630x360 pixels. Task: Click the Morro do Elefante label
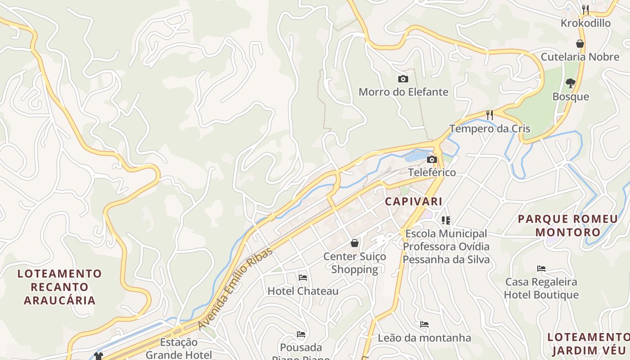tap(403, 92)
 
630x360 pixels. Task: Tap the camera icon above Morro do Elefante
tap(403, 79)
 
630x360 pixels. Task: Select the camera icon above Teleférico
tap(432, 160)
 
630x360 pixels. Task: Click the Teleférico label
tap(432, 172)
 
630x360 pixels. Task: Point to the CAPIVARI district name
tap(414, 201)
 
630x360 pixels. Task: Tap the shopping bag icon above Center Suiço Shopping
tap(355, 243)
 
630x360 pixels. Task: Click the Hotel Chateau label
tap(303, 291)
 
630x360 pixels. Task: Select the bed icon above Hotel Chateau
tap(303, 278)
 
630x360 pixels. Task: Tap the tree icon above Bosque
tap(571, 83)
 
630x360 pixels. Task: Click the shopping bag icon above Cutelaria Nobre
tap(580, 44)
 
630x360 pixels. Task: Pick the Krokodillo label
tap(585, 23)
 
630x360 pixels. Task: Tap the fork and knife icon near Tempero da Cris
tap(490, 115)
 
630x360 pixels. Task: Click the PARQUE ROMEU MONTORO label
tap(568, 225)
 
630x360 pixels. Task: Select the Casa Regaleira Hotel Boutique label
tap(541, 288)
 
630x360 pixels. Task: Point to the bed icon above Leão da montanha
tap(424, 324)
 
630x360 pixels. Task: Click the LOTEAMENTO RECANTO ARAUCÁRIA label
tap(60, 287)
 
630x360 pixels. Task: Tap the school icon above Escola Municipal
tap(446, 220)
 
